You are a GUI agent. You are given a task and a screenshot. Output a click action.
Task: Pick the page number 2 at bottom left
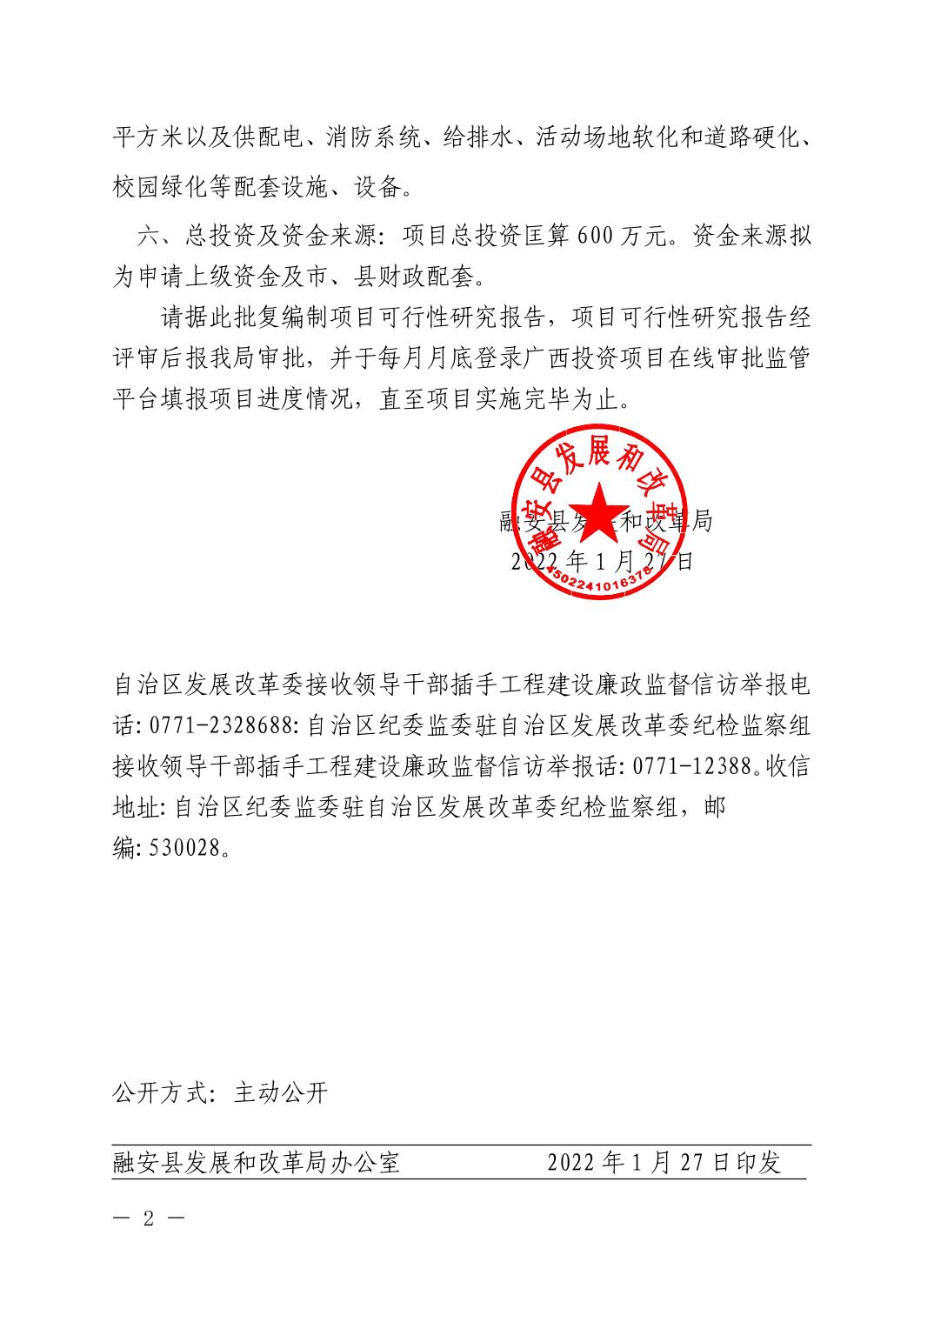(149, 1217)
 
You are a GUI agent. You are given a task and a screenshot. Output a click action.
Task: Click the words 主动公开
(281, 1093)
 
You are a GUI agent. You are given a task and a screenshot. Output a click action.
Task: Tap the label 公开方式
(160, 1093)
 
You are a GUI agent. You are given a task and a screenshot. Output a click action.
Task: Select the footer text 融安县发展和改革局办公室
(257, 1163)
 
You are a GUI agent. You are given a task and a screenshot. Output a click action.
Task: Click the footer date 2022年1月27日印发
(664, 1163)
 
